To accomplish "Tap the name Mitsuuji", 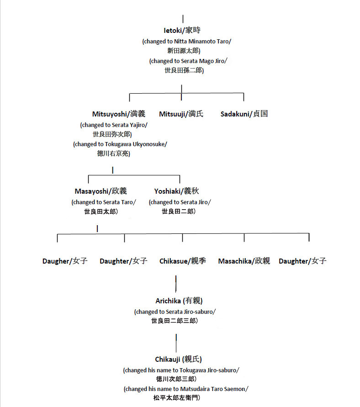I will click(172, 114).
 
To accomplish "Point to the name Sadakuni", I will click(235, 114).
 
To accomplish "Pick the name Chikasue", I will click(173, 261).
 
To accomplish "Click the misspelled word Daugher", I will click(56, 261).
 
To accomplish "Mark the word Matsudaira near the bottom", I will click(192, 389).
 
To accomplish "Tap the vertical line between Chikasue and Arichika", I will click(176, 283).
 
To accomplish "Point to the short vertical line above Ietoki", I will click(183, 19).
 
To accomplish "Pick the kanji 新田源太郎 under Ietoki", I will click(183, 51).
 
